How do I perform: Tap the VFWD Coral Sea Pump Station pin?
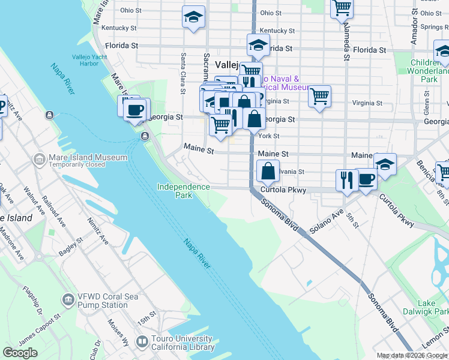[68, 299]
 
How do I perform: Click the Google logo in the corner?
[20, 353]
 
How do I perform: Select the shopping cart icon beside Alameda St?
[342, 8]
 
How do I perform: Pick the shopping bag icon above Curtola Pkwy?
[268, 171]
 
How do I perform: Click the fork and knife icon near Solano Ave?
[346, 179]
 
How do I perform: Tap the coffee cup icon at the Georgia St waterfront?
[136, 109]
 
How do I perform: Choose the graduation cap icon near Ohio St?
[193, 17]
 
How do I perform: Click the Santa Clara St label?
[182, 74]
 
